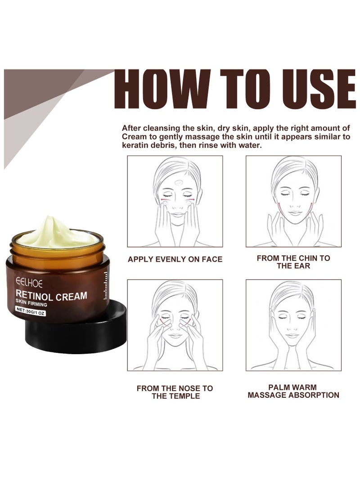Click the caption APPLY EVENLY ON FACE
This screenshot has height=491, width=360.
(x=175, y=259)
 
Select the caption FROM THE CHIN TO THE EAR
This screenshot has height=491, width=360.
(x=293, y=262)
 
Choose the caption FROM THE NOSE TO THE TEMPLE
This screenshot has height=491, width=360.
(x=175, y=392)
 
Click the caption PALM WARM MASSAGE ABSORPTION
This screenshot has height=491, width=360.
(x=293, y=391)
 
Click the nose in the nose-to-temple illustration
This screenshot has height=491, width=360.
(x=175, y=326)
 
